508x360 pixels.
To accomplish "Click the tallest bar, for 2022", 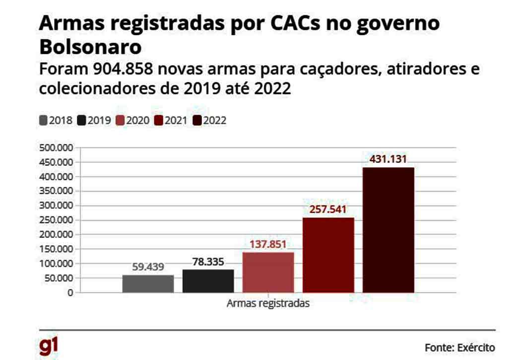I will (x=388, y=229).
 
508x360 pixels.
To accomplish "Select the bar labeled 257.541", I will (x=328, y=255).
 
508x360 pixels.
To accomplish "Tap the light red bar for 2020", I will (x=268, y=272).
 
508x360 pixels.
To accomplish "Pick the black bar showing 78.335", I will (x=208, y=281).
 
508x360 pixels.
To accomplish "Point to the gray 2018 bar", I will (x=148, y=284).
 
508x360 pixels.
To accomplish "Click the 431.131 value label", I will (x=388, y=159).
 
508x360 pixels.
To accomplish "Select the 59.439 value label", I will (x=148, y=267).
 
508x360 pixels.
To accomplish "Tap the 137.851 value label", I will (x=268, y=244).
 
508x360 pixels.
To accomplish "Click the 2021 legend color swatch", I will (x=159, y=120).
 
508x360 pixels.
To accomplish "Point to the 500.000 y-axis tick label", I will (x=55, y=147).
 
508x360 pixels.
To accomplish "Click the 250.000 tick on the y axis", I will (x=55, y=220).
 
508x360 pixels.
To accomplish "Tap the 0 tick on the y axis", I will (x=70, y=292).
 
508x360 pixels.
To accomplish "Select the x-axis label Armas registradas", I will (x=268, y=303).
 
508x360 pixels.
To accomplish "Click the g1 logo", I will (x=49, y=346).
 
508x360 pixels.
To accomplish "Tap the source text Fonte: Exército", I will (x=459, y=347).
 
